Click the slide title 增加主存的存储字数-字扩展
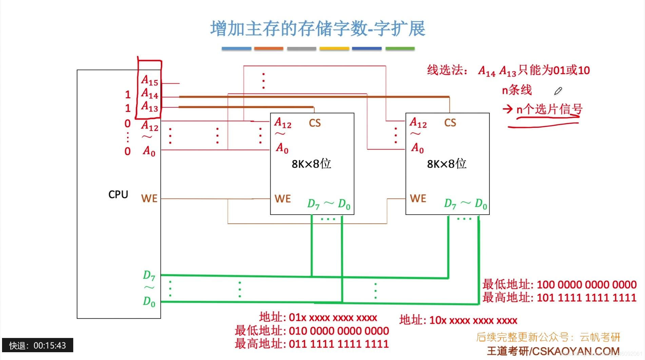click(317, 28)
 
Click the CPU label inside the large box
click(118, 194)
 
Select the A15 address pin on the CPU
click(150, 81)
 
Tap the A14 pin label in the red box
click(150, 94)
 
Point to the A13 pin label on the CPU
click(150, 106)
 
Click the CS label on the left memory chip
click(315, 123)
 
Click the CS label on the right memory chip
click(450, 123)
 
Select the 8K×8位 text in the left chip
click(311, 164)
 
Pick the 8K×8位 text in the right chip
click(446, 164)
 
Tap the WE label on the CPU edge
click(149, 198)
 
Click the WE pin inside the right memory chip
click(418, 198)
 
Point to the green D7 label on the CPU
click(149, 275)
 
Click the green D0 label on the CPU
click(149, 301)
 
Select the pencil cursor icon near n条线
click(558, 91)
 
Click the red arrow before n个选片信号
click(507, 109)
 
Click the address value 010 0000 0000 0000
click(339, 331)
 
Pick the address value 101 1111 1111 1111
click(586, 298)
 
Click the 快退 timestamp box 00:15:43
click(38, 345)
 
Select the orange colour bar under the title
click(269, 48)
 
